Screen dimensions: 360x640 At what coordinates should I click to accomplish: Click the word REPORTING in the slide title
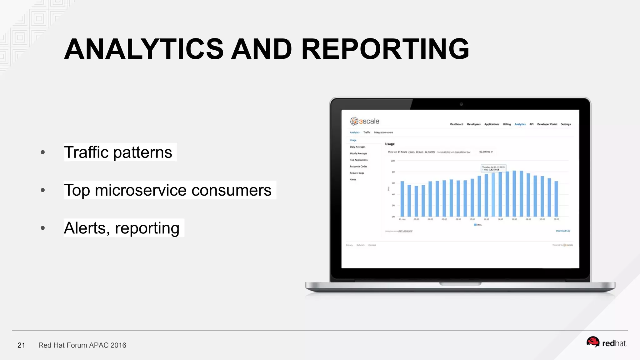(x=385, y=49)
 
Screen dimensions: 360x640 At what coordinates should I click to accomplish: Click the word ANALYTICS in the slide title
(x=144, y=49)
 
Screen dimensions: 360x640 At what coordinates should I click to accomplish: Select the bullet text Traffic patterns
(x=118, y=152)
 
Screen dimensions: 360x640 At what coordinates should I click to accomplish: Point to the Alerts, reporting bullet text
(x=122, y=228)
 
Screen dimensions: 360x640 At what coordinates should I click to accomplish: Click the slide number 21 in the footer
(x=21, y=345)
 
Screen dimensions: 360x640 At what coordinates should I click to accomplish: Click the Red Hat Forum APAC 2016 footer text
(x=82, y=345)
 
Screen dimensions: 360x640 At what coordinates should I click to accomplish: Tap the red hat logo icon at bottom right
(x=592, y=342)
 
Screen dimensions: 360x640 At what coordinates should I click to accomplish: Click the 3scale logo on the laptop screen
(x=364, y=121)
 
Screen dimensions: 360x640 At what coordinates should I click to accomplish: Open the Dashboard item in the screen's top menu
(x=457, y=124)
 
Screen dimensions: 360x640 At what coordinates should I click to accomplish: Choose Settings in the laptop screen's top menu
(x=566, y=124)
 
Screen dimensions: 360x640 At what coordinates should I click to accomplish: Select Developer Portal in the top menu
(x=547, y=124)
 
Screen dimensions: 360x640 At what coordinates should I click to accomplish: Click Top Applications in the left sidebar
(x=358, y=160)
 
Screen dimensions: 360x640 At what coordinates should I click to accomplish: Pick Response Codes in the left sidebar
(x=358, y=167)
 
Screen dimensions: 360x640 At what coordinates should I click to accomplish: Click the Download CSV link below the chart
(x=563, y=231)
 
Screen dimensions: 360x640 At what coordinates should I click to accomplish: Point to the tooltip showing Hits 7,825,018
(x=493, y=168)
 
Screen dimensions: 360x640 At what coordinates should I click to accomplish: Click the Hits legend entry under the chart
(x=478, y=225)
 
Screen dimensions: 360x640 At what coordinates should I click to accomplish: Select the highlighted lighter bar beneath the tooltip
(x=493, y=195)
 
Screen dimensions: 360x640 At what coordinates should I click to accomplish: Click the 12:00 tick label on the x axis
(x=486, y=219)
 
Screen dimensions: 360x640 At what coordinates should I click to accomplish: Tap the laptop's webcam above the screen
(x=461, y=104)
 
